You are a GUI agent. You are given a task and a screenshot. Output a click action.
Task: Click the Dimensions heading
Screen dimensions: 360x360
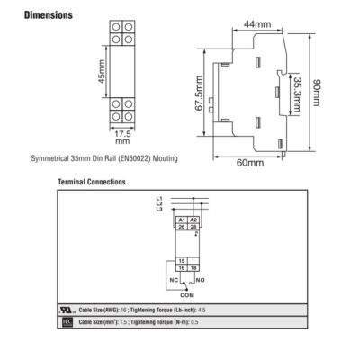[x=49, y=15]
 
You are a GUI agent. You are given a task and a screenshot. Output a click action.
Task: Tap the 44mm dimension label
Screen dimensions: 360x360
[x=257, y=24]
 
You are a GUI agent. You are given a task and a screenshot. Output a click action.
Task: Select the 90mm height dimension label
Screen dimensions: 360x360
[x=317, y=93]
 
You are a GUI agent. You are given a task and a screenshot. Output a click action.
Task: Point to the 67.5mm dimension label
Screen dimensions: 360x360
[x=199, y=94]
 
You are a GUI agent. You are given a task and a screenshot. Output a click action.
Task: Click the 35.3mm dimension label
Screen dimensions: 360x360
[x=297, y=94]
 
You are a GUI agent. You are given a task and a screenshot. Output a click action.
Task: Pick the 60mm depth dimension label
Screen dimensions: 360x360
[x=250, y=163]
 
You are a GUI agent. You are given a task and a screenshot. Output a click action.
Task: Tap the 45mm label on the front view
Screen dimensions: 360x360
[x=102, y=72]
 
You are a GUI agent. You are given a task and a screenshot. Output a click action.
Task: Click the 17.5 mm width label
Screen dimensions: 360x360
[x=122, y=137]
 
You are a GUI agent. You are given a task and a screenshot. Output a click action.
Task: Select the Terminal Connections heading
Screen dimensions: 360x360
[x=92, y=182]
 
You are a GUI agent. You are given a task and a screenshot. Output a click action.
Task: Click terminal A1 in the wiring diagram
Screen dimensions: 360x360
[x=182, y=220]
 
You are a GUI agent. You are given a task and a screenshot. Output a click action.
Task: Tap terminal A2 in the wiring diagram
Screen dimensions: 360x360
[x=193, y=220]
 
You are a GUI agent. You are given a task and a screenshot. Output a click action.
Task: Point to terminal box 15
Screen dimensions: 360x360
[x=182, y=261]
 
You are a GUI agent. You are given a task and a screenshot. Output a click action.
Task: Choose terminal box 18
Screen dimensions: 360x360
[x=193, y=268]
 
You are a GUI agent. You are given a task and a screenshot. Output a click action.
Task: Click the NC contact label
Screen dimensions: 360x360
[x=174, y=280]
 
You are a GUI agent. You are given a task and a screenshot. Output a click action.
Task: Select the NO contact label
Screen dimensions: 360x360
[x=201, y=280]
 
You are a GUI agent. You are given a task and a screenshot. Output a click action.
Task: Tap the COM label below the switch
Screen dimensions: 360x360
[x=187, y=295]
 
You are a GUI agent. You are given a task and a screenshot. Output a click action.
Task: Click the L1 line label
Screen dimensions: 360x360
[x=159, y=198]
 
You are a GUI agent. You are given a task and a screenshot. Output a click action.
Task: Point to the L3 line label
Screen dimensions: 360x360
[x=159, y=209]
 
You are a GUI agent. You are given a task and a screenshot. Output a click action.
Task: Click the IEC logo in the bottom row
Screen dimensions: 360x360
[x=67, y=322]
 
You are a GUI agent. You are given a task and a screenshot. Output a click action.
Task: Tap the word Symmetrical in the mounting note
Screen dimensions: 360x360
[x=50, y=158]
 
